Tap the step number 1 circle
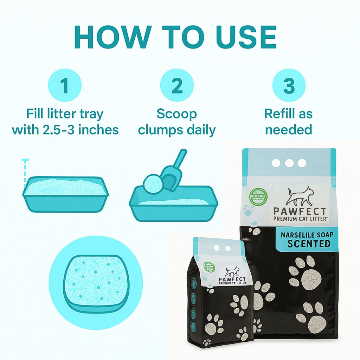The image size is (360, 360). (x=65, y=85)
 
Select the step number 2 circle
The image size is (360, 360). (x=176, y=85)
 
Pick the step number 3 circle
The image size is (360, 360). (x=289, y=85)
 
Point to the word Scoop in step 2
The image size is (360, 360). (x=176, y=114)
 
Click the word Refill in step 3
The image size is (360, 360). (x=279, y=114)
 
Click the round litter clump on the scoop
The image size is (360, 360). (x=152, y=183)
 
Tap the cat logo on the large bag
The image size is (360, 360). (x=300, y=197)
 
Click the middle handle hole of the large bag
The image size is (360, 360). (x=289, y=163)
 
